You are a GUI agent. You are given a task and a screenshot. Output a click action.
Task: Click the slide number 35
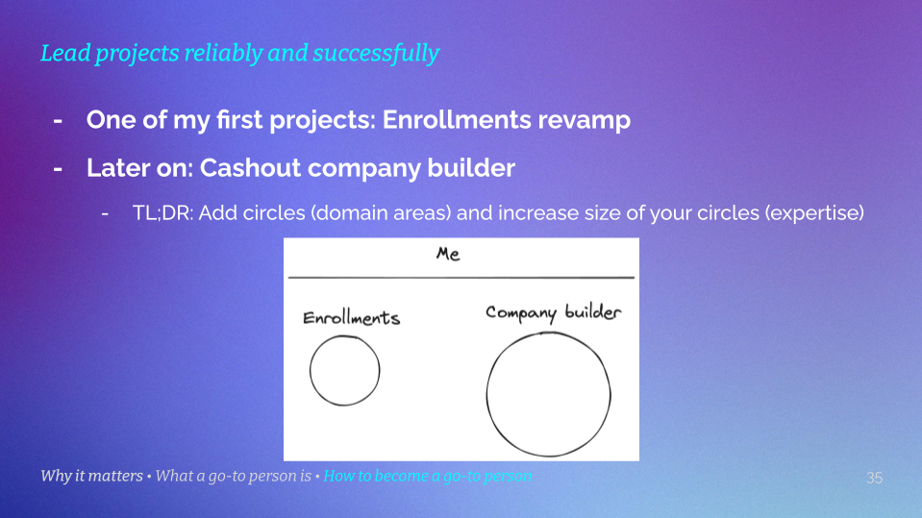[x=874, y=478]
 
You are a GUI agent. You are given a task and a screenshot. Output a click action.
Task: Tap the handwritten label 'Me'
[x=448, y=255]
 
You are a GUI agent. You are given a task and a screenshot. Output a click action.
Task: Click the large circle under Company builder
[x=548, y=396]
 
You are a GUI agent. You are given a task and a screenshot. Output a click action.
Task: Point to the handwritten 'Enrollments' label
[x=351, y=318]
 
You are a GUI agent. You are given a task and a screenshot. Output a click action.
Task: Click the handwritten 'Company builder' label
[x=553, y=313]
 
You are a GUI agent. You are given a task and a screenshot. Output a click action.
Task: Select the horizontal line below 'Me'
[x=461, y=278]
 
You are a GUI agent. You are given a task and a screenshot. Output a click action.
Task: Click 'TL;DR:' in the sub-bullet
[x=162, y=213]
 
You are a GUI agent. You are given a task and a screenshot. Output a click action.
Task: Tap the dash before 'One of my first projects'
[x=59, y=121]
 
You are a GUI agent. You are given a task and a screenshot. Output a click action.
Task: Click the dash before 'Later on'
[x=59, y=169]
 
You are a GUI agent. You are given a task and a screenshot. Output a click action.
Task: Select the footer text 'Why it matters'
[x=90, y=477]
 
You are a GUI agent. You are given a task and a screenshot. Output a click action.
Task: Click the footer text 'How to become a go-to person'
[x=427, y=477]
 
